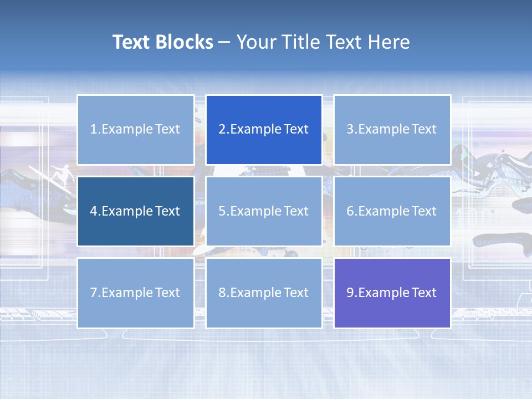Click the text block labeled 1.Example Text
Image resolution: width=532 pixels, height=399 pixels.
tap(135, 130)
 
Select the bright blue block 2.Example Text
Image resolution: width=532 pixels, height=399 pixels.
tap(264, 130)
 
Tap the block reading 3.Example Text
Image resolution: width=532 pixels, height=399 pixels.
tap(392, 130)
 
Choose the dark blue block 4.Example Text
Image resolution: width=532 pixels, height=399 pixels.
tap(135, 211)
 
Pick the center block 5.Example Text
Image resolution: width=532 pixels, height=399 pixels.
tap(264, 211)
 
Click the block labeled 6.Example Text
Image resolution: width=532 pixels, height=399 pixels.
tap(392, 211)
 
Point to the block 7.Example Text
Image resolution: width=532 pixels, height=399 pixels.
tap(135, 293)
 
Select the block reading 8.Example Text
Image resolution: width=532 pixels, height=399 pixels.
tap(264, 293)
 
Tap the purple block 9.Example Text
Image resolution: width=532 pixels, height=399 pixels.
tap(392, 293)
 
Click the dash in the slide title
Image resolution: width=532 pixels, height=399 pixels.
tap(224, 43)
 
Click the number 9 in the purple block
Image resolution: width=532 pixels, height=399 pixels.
tap(350, 293)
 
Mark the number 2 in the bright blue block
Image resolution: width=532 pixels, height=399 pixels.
tap(222, 130)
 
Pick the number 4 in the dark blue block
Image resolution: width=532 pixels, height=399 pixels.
tap(94, 211)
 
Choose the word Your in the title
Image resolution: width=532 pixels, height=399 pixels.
tap(255, 42)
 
